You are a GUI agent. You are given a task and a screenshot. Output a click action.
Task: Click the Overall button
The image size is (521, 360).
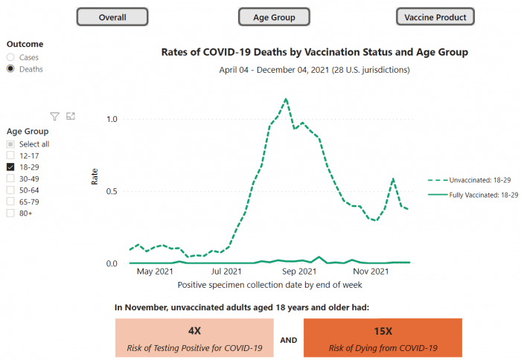(x=112, y=17)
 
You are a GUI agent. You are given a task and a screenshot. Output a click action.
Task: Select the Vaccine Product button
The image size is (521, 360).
(x=435, y=17)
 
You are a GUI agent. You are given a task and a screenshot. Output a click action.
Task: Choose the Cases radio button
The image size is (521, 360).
(x=10, y=57)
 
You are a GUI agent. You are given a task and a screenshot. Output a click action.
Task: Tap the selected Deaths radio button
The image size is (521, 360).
(x=10, y=68)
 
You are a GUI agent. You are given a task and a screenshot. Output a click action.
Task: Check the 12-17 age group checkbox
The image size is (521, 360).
(x=10, y=155)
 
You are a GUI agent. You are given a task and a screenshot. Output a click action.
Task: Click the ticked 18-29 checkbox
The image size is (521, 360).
(x=10, y=167)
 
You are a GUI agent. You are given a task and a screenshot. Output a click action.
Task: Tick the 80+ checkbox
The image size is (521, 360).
(x=10, y=213)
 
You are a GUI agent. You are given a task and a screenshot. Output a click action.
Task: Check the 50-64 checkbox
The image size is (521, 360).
(x=10, y=190)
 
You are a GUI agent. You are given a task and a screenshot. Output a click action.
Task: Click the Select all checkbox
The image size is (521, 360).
(x=10, y=144)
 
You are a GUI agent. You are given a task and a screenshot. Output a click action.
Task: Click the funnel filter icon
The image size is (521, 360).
(x=55, y=116)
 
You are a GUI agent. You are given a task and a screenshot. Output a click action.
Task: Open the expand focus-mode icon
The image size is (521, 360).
(x=71, y=116)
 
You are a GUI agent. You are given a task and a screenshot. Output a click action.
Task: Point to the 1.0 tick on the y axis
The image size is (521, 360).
(x=112, y=119)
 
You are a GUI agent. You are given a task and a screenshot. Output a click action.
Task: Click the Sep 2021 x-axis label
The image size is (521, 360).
(x=299, y=271)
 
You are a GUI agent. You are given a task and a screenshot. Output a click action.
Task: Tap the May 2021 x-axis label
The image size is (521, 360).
(x=155, y=271)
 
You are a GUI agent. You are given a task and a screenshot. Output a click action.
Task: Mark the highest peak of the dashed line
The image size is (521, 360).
(x=286, y=99)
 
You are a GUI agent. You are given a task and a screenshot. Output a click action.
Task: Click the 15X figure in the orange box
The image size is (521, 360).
(x=383, y=331)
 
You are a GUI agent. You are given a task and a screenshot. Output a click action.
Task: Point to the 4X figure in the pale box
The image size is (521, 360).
(x=195, y=331)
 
